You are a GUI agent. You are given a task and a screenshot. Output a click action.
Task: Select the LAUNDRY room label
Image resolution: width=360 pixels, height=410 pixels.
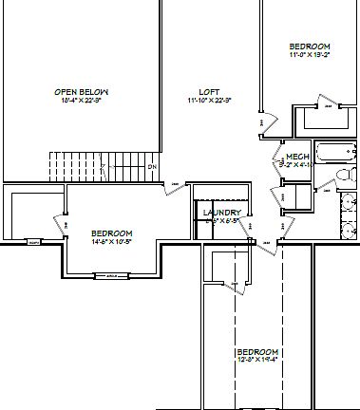tap(222, 213)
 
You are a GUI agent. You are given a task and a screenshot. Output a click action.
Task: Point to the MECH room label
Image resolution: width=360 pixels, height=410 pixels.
tap(297, 157)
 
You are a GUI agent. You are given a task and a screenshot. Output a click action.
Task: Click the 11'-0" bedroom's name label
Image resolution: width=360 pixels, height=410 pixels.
tap(310, 47)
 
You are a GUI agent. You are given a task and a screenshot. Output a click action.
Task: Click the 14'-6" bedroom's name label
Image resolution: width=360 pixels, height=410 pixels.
tap(111, 233)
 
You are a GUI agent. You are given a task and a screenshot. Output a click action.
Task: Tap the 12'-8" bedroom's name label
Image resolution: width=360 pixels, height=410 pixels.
tap(256, 351)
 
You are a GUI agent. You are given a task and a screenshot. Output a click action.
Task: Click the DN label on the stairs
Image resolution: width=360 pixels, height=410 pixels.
tap(151, 167)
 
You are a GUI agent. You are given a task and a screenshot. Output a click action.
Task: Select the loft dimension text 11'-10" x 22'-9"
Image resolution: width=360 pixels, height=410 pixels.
tap(210, 100)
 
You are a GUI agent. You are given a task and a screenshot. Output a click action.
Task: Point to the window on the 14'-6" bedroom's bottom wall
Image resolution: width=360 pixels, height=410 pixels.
tap(111, 276)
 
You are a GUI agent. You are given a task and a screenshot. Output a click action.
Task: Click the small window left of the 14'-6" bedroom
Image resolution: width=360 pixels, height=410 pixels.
tap(34, 242)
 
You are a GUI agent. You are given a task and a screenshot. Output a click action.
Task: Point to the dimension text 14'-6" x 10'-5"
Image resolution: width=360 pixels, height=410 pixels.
tap(111, 241)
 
